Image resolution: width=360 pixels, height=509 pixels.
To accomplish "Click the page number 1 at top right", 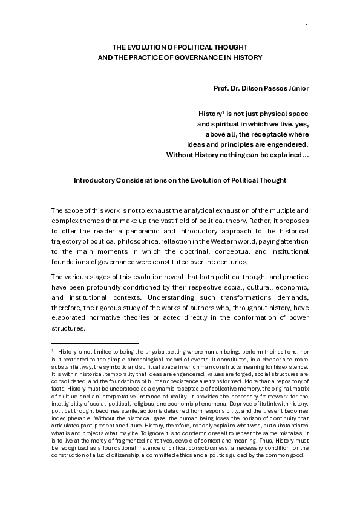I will click(307, 25).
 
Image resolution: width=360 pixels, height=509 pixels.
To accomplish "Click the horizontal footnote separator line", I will click(95, 343).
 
